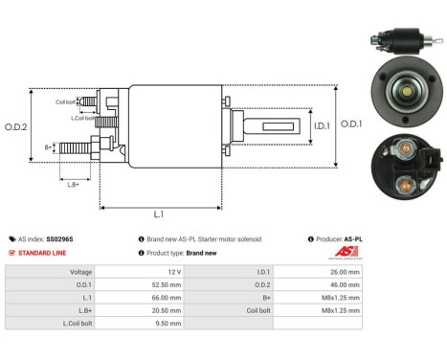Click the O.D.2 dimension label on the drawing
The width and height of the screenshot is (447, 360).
[16, 127]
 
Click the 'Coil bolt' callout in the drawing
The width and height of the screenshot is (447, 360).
[65, 101]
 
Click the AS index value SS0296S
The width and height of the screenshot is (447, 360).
[62, 238]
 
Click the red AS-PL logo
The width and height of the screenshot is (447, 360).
[351, 251]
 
